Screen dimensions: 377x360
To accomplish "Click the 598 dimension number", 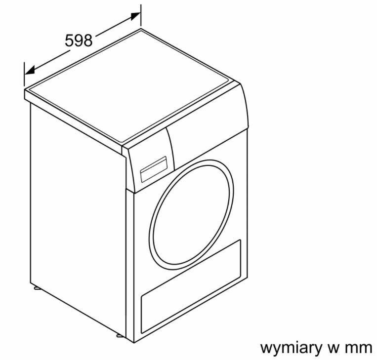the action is tap(79, 40).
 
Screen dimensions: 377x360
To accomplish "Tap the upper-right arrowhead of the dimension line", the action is tap(135, 16).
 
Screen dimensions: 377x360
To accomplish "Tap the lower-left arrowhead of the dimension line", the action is tap(29, 70).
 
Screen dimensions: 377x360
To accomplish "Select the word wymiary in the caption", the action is tap(291, 348).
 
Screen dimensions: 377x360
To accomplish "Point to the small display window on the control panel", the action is tap(154, 169).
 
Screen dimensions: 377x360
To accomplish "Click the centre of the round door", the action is tap(191, 214).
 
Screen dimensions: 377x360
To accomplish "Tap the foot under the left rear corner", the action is tap(37, 288).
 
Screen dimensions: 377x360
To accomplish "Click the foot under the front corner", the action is tap(120, 335).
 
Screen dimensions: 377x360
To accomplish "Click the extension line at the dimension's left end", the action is tap(24, 74).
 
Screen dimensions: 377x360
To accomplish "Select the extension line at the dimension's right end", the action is tap(141, 15).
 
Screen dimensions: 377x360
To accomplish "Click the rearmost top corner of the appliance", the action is tap(141, 29).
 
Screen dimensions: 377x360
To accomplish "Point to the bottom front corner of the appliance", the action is tap(134, 343).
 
